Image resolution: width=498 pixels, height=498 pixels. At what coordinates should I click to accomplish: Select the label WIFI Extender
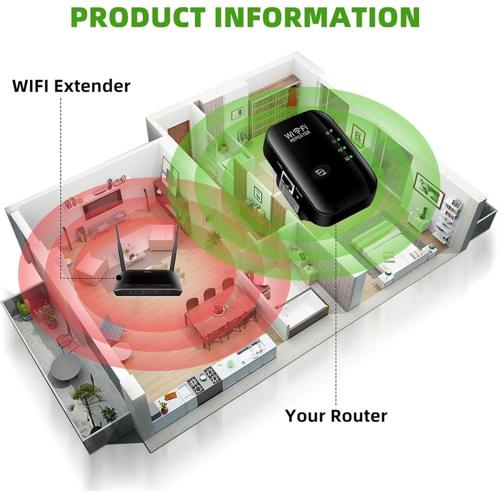(72, 85)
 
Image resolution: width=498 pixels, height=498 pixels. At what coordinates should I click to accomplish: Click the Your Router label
(336, 415)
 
